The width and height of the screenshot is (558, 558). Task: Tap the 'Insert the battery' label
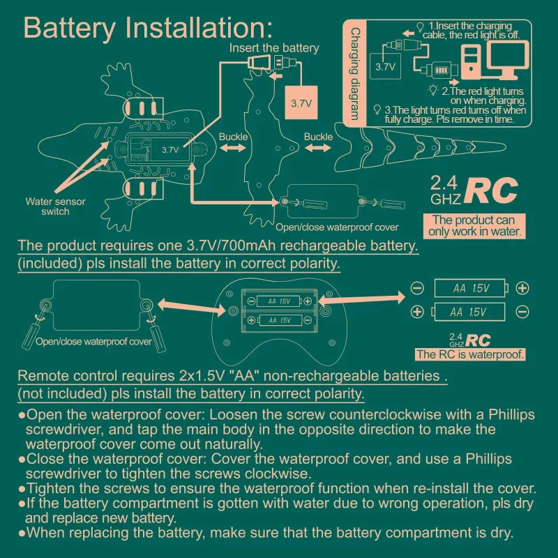coord(274,48)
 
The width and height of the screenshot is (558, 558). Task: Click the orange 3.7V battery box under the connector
coord(301,103)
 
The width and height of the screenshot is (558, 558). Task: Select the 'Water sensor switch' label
coord(56,206)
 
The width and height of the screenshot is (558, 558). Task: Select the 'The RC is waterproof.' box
coord(469,354)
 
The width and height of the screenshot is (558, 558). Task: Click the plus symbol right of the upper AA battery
coord(522,288)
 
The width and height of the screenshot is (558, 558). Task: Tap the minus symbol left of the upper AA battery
coord(417,288)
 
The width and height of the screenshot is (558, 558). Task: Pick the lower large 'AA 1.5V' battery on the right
coord(469,311)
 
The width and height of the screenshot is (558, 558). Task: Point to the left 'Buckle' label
coord(233,137)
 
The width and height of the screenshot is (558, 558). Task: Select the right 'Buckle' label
coord(318,137)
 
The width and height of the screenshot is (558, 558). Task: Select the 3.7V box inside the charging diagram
coord(385,68)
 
